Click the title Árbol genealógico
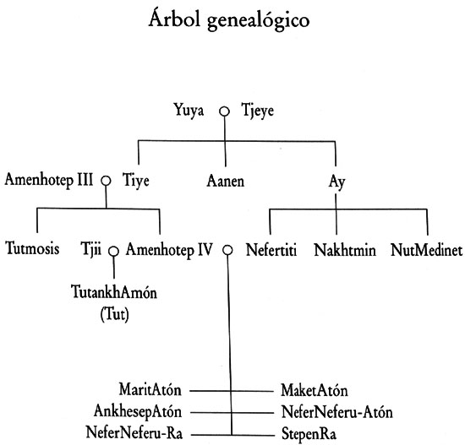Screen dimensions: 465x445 click(x=229, y=19)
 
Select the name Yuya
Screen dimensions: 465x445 click(x=189, y=111)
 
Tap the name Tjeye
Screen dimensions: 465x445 click(x=257, y=111)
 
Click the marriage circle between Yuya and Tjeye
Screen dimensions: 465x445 click(x=225, y=111)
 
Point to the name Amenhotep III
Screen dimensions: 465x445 click(x=49, y=180)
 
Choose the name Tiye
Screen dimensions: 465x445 click(x=136, y=180)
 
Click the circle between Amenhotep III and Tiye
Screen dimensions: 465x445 click(x=106, y=181)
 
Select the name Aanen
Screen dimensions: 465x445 click(x=226, y=181)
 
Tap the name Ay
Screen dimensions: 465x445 click(x=336, y=182)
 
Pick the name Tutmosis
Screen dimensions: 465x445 click(x=32, y=248)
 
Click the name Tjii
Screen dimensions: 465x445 click(x=91, y=249)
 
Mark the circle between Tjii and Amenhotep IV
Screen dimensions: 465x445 click(x=113, y=252)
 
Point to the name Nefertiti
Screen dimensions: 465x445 click(x=271, y=250)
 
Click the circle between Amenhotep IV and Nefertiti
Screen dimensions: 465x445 click(x=227, y=250)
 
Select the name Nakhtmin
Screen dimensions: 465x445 click(x=345, y=250)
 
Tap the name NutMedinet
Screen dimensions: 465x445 click(x=426, y=250)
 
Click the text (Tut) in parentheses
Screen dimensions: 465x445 click(x=114, y=314)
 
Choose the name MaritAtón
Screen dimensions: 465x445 click(x=150, y=389)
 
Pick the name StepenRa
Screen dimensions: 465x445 click(x=309, y=434)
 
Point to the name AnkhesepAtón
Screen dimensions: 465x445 click(x=138, y=412)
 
